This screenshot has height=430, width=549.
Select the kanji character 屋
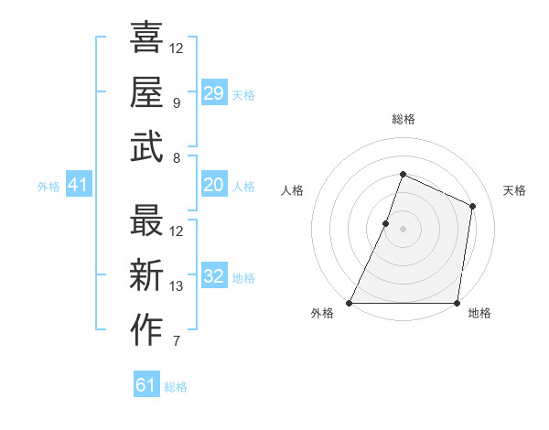[146, 91]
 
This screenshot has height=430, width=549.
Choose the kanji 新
[146, 276]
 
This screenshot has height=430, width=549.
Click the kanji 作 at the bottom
[146, 331]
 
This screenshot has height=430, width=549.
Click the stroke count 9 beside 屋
[177, 102]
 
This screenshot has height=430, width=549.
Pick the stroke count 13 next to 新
[177, 287]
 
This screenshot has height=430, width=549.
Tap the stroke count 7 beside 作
[177, 342]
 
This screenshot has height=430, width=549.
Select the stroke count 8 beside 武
[177, 157]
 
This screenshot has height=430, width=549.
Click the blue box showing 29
[213, 93]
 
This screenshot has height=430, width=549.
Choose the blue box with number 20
[213, 186]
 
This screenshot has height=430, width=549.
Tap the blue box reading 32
[213, 277]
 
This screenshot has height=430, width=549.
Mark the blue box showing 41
[79, 186]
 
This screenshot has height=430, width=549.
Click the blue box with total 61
[146, 385]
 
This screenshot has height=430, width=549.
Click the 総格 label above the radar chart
[403, 120]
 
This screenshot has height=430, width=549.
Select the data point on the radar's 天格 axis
[473, 206]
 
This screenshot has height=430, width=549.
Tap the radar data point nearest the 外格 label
[350, 303]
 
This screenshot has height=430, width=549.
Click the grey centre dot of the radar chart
[403, 229]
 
